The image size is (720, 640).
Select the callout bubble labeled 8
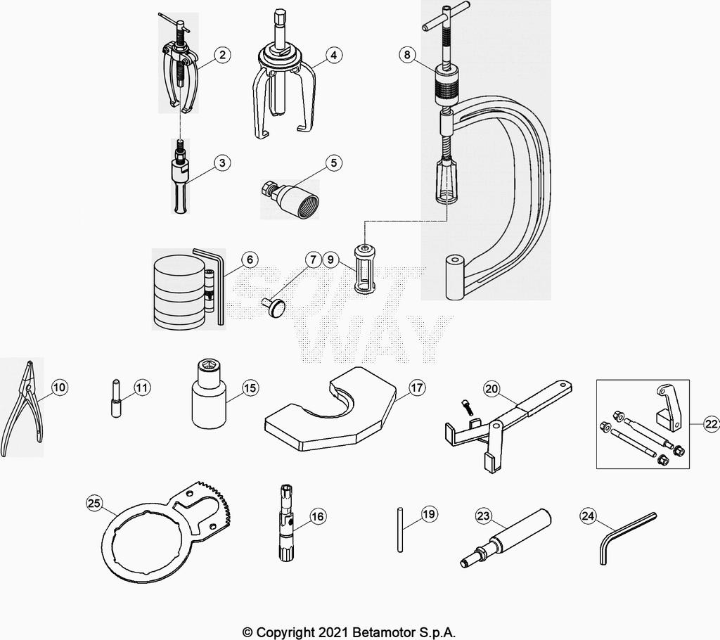[406, 56]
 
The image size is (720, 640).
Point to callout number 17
[417, 388]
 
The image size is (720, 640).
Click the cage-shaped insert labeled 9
[364, 269]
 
